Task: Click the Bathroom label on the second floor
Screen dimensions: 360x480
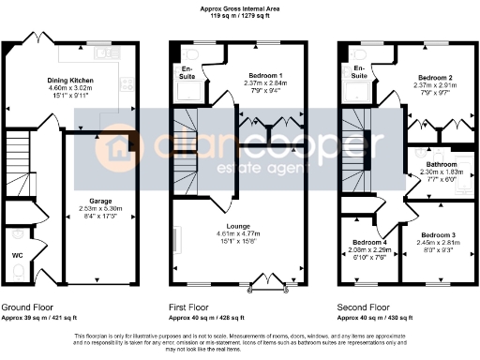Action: pyautogui.click(x=435, y=164)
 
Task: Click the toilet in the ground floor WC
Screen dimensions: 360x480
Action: pyautogui.click(x=18, y=273)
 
